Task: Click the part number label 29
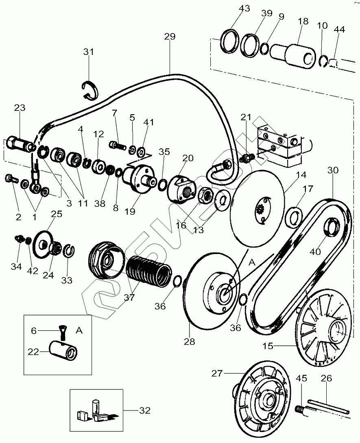[x=170, y=37]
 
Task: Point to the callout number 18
[x=303, y=21]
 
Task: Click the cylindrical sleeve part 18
[x=293, y=55]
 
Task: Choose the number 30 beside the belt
[x=333, y=170]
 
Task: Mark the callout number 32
[x=145, y=410]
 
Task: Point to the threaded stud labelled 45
[x=301, y=408]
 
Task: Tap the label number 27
[x=217, y=373]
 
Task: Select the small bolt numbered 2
[x=11, y=179]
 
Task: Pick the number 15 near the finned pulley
[x=268, y=345]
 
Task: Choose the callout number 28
[x=189, y=341]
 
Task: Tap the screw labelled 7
[x=118, y=146]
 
